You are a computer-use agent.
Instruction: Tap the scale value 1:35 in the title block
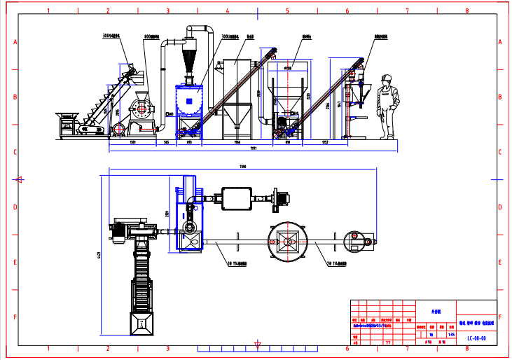point(451,335)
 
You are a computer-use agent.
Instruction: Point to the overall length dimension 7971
point(254,148)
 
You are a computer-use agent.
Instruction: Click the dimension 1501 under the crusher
point(132,142)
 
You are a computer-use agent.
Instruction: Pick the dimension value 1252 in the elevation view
point(325,142)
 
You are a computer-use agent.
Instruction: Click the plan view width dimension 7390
point(242,167)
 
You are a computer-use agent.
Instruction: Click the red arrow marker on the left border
point(20,179)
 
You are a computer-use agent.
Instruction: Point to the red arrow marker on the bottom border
point(258,344)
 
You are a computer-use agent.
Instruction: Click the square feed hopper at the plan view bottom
point(144,322)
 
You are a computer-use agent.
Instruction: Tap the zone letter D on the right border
point(499,207)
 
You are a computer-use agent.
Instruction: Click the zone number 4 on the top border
point(228,11)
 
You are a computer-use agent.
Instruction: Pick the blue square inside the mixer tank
point(191,102)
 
